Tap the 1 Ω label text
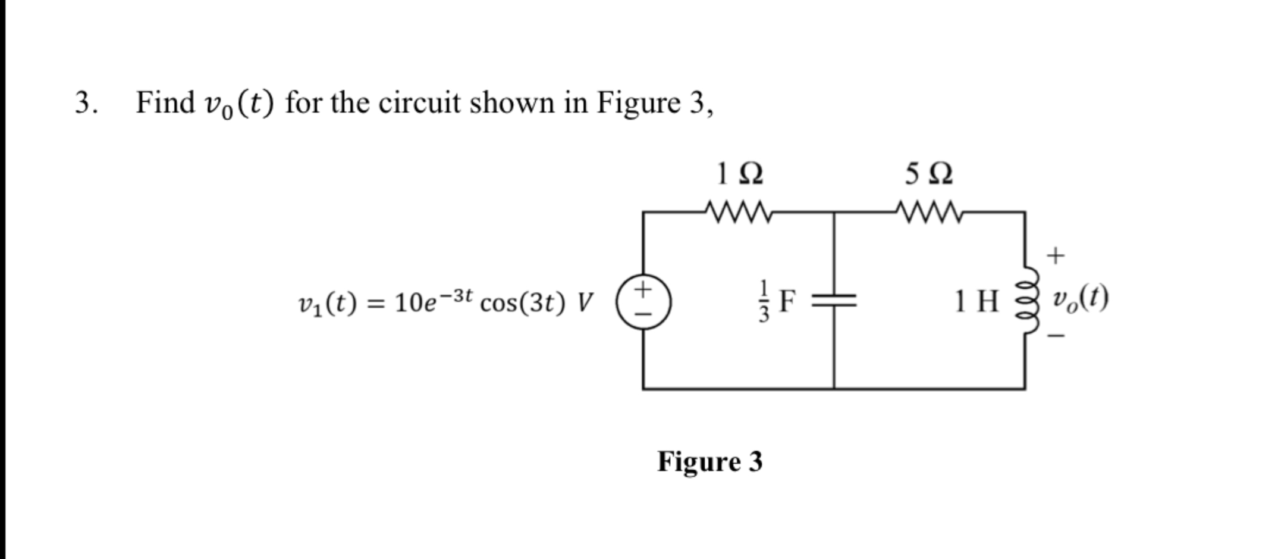739,174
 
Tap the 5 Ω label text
929,174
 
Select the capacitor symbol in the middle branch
834,302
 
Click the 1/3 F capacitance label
776,302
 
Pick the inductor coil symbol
1029,302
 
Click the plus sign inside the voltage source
642,289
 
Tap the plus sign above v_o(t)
1056,256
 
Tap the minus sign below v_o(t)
1056,337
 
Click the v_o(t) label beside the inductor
1080,299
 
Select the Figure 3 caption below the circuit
709,462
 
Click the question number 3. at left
86,102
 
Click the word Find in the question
165,102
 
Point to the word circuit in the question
419,102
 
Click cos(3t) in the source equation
522,304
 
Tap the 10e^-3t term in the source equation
433,301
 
